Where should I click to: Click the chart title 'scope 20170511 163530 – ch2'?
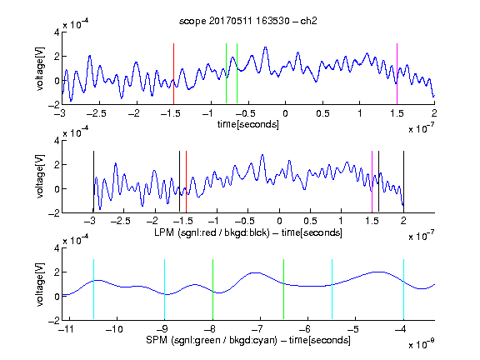(248, 21)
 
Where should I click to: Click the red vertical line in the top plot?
(173, 73)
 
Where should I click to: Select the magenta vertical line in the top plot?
(397, 73)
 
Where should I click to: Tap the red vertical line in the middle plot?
(186, 181)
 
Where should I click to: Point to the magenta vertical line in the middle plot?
(372, 181)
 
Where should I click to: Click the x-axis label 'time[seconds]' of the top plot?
(248, 124)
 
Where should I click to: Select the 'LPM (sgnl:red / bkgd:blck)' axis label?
(212, 232)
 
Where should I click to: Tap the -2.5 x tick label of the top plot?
(96, 113)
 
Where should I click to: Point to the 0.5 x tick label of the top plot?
(322, 113)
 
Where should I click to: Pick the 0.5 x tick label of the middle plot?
(310, 221)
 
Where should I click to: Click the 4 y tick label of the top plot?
(57, 32)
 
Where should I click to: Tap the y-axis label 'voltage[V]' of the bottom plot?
(40, 284)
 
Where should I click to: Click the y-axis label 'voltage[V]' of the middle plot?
(40, 177)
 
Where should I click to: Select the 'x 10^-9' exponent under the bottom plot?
(422, 344)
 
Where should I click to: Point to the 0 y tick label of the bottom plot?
(57, 297)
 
